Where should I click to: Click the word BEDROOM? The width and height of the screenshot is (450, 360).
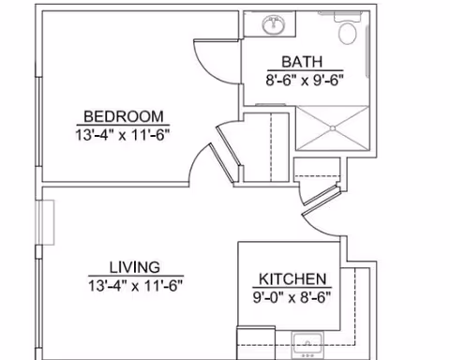[x=122, y=116]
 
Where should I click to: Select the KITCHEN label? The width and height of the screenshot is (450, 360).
[x=292, y=279]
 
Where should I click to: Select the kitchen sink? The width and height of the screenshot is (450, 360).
[x=308, y=342]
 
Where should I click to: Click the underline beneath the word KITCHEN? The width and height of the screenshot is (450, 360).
[x=292, y=288]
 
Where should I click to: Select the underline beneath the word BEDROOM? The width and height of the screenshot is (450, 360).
[x=122, y=124]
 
